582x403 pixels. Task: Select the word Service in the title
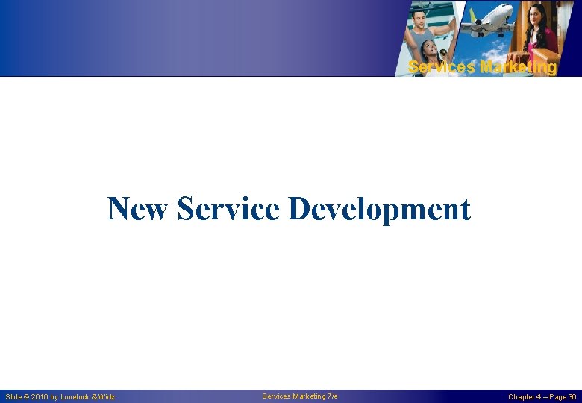coord(228,209)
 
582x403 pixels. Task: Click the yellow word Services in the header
coord(440,68)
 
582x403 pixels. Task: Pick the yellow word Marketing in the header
coord(518,68)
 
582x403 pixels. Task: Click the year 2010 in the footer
coord(40,397)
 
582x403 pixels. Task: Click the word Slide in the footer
coord(14,397)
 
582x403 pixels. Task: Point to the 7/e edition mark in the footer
coord(332,396)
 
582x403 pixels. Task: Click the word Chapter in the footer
coord(522,397)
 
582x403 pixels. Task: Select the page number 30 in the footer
coord(572,397)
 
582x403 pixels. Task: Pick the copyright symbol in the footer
coord(27,397)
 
